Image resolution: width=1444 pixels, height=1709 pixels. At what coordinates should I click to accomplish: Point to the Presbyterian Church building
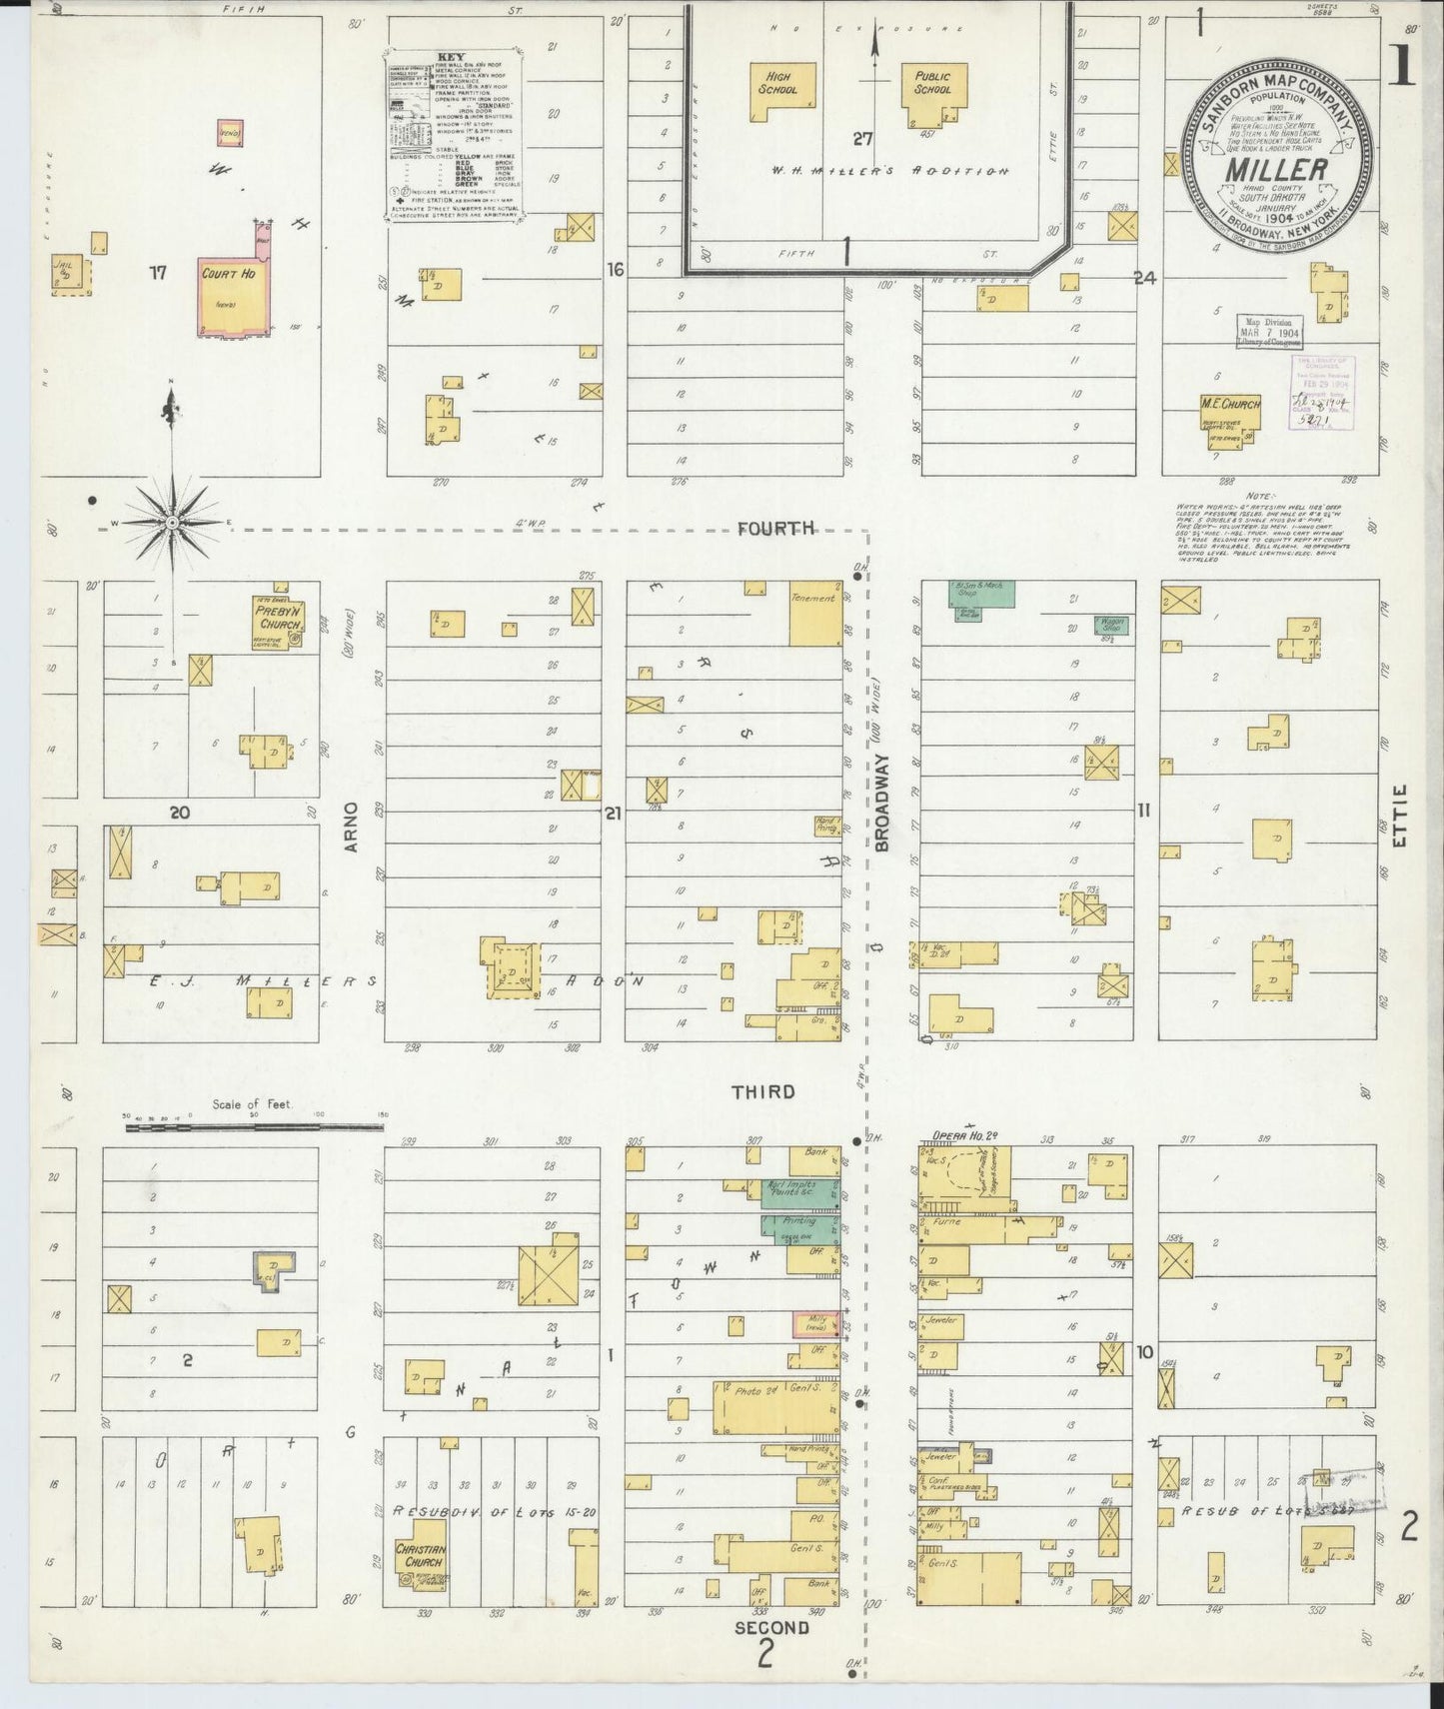(x=277, y=622)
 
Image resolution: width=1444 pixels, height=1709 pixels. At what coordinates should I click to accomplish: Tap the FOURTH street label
(x=776, y=529)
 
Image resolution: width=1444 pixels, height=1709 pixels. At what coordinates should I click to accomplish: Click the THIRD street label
(x=763, y=1091)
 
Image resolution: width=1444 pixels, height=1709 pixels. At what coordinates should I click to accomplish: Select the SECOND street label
(x=771, y=1627)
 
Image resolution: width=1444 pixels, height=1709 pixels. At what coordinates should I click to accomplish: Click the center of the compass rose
(x=172, y=523)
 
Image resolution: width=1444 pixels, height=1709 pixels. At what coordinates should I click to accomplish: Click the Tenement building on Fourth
(x=814, y=613)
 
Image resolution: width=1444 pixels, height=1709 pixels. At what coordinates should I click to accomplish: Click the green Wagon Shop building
(x=1111, y=626)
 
